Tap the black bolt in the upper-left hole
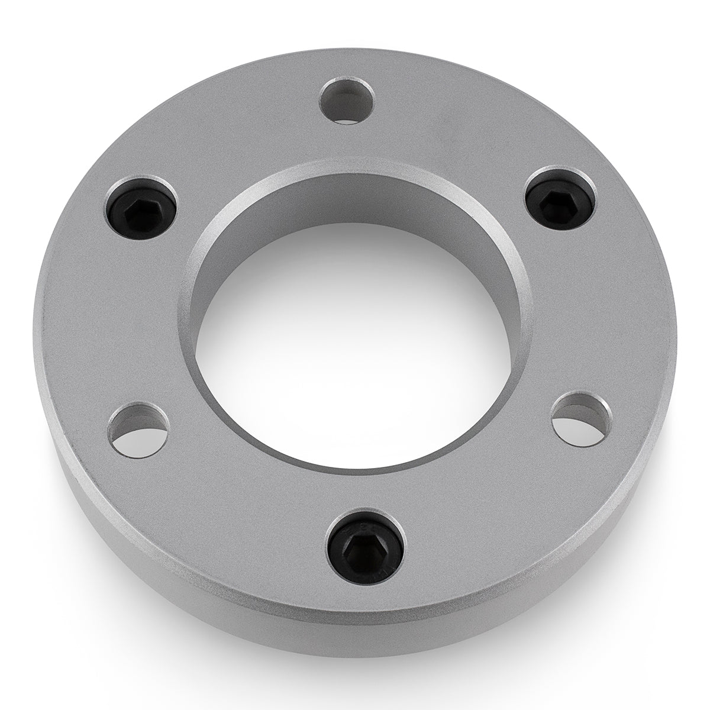pos(141,206)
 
